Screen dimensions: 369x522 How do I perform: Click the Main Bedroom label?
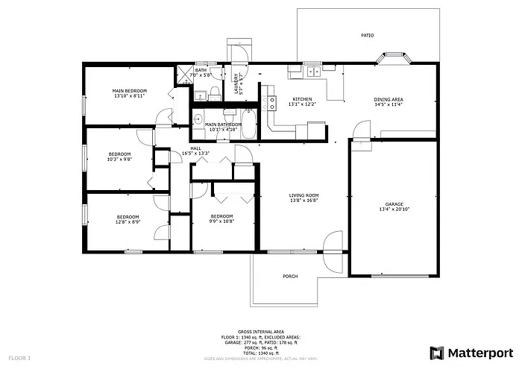130,91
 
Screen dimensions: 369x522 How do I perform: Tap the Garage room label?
394,204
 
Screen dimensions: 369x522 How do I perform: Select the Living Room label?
304,195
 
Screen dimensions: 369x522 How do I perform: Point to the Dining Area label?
389,99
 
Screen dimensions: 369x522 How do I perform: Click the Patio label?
367,35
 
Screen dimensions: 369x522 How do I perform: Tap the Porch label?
290,277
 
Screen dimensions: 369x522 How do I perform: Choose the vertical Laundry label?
236,83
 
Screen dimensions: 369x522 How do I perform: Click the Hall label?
195,148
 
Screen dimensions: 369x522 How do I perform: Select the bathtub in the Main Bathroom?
248,124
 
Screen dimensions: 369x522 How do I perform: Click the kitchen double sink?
314,72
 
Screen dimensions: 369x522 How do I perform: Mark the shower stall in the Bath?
183,75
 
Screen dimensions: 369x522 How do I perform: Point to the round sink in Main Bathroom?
198,119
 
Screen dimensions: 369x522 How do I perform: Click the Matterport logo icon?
436,352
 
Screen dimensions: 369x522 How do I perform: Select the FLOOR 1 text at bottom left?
19,359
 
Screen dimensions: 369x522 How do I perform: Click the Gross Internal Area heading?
260,332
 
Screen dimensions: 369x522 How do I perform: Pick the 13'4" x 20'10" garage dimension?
394,210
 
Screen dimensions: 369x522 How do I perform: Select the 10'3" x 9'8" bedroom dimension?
119,159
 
